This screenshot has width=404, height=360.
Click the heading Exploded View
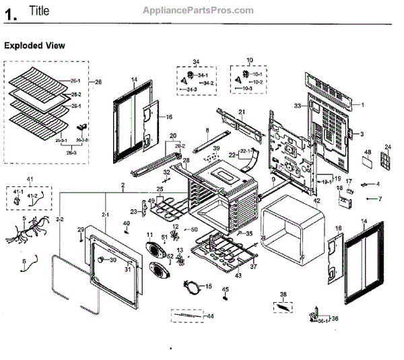click(35, 46)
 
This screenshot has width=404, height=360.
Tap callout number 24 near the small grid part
click(388, 147)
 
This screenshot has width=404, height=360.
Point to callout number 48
click(368, 153)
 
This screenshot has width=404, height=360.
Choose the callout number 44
click(210, 316)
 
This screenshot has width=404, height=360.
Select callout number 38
click(283, 295)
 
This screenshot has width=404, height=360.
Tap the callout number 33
click(296, 106)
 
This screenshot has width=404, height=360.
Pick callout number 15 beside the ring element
click(208, 287)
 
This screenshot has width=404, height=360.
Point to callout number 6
click(25, 260)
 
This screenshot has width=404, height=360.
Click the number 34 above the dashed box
click(196, 63)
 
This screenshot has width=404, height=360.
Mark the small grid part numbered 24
click(386, 161)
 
